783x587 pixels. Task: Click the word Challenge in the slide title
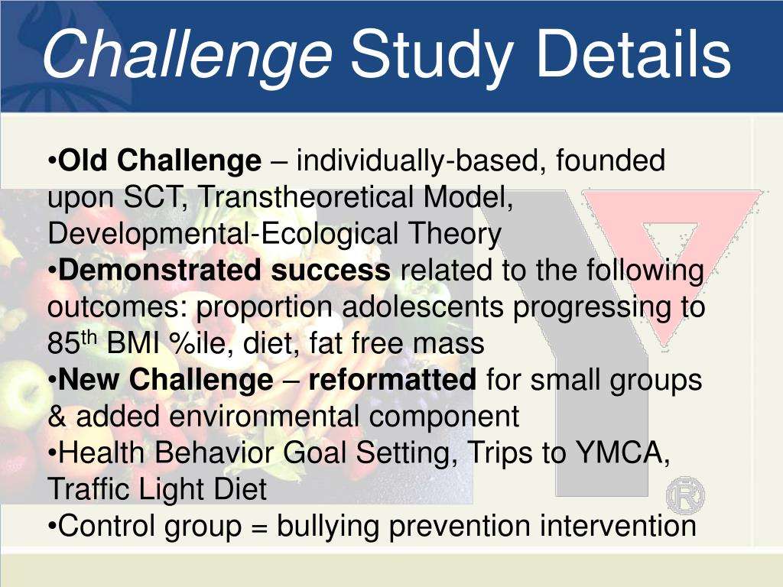pyautogui.click(x=187, y=55)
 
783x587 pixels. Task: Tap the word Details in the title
pyautogui.click(x=634, y=53)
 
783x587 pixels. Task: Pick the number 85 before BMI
pyautogui.click(x=64, y=343)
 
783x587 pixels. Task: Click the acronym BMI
pyautogui.click(x=133, y=343)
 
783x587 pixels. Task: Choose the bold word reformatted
pyautogui.click(x=392, y=380)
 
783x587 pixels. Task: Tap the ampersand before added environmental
pyautogui.click(x=57, y=417)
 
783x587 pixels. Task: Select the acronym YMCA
pyautogui.click(x=622, y=453)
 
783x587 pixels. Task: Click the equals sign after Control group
pyautogui.click(x=259, y=527)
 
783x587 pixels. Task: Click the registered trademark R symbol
pyautogui.click(x=686, y=495)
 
